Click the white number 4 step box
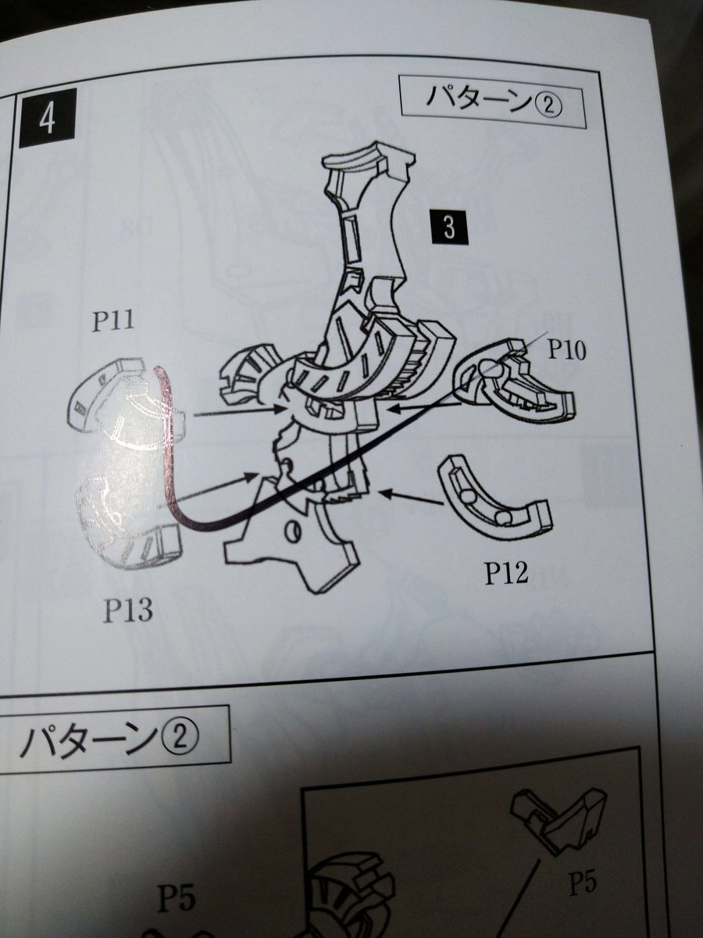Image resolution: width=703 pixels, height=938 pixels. pos(48,118)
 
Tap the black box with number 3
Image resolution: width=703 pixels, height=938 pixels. pos(450,227)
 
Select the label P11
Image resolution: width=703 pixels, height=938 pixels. pos(113,321)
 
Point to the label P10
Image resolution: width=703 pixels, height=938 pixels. pos(567,350)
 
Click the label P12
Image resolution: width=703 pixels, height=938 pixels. pos(506,574)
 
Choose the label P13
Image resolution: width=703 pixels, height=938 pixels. pos(128,610)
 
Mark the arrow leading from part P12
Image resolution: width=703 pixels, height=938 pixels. pos(411,498)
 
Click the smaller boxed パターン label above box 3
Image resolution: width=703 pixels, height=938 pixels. pos(493,102)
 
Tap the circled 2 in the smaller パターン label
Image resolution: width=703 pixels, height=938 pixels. pos(549,106)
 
